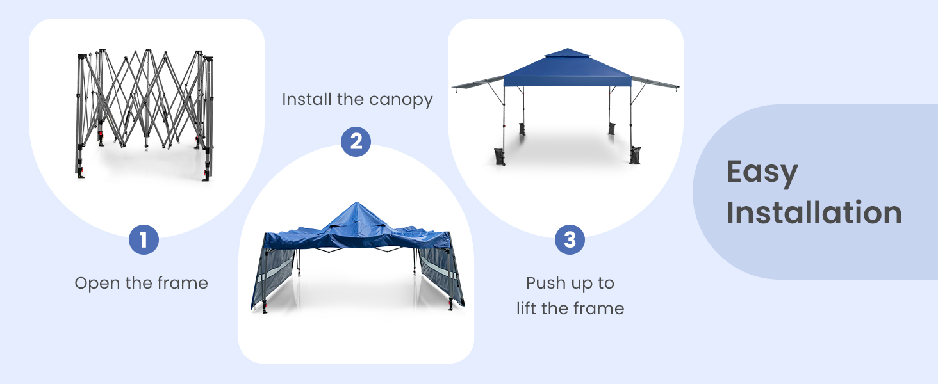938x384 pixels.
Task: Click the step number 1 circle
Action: coord(143,240)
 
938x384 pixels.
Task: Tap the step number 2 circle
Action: coord(356,141)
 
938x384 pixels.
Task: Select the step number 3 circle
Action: coord(570,240)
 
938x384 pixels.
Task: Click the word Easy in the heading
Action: coord(762,173)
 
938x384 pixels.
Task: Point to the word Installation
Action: coord(814,212)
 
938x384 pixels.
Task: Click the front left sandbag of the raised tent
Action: coord(500,157)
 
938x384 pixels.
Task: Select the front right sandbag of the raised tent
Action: coord(635,156)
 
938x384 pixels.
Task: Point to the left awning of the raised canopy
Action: coord(477,83)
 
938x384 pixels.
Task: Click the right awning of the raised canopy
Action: coord(655,83)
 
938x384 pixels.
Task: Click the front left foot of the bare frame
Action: coord(81,173)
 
